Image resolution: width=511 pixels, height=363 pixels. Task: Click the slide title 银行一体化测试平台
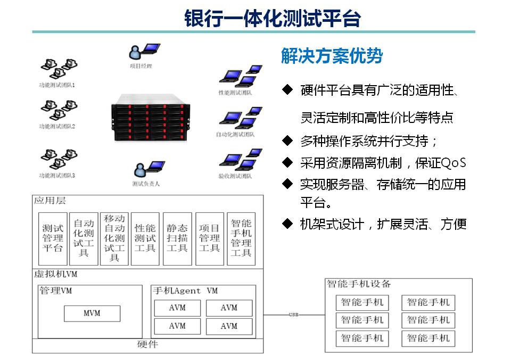coord(272,18)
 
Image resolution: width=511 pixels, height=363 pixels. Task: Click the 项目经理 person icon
coord(137,52)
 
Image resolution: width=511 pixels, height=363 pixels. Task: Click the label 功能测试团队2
coord(57,127)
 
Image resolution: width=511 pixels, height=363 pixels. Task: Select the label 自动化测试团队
coord(235,135)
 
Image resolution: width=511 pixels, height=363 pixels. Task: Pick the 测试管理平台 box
coord(53,238)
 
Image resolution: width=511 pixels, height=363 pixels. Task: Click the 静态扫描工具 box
coord(177,238)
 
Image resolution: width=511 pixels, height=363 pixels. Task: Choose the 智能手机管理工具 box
coord(241,238)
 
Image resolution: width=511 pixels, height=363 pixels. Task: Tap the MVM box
coord(92,313)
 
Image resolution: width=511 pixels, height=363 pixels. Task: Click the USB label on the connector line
coord(293,315)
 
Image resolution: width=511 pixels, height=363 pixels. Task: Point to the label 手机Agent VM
coord(185,291)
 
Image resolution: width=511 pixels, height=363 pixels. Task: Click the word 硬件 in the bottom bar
coord(147,344)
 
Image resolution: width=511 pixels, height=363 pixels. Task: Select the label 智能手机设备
coord(359,284)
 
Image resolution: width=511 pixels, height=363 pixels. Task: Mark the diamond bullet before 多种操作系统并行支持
coord(287,141)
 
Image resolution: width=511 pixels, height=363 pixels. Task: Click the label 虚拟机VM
coord(55,275)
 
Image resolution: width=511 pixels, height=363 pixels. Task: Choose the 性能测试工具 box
coord(145,238)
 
